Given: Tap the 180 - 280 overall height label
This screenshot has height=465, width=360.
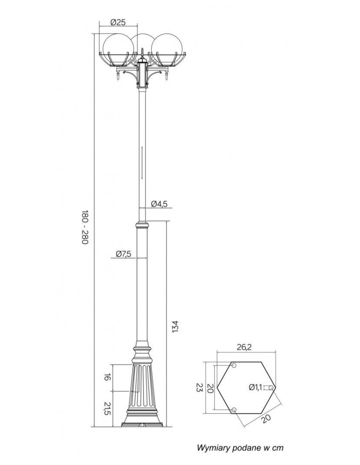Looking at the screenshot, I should [x=85, y=228].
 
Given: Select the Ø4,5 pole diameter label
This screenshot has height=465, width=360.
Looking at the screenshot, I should [x=159, y=203].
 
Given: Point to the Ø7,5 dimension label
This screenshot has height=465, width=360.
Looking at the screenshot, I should [x=123, y=253].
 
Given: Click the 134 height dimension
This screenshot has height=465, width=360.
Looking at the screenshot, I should [x=175, y=326].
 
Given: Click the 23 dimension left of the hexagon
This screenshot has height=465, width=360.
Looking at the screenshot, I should [x=198, y=387].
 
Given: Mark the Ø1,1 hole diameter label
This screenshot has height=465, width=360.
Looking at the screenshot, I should [x=255, y=387].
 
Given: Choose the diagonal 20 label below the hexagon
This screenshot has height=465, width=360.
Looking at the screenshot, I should [x=266, y=418].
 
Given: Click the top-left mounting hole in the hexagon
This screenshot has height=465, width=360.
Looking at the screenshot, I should [x=234, y=365].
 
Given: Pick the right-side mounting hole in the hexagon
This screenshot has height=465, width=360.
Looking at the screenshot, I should [x=272, y=387].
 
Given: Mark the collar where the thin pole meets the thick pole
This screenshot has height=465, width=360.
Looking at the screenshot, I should [x=142, y=226].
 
